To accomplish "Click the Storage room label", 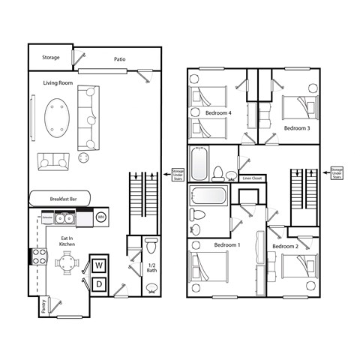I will (x=51, y=57).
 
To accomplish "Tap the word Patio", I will (x=120, y=58).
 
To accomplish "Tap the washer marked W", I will (x=99, y=266).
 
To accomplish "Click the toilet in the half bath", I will (x=151, y=246).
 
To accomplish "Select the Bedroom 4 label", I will (x=219, y=113).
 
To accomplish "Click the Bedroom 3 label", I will (x=297, y=128).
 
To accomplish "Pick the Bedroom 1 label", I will (x=226, y=245).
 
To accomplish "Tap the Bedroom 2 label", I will (x=285, y=247).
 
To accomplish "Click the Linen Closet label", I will (x=252, y=178).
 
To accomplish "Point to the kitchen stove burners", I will (x=35, y=256).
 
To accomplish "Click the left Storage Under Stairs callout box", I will (x=178, y=173).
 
